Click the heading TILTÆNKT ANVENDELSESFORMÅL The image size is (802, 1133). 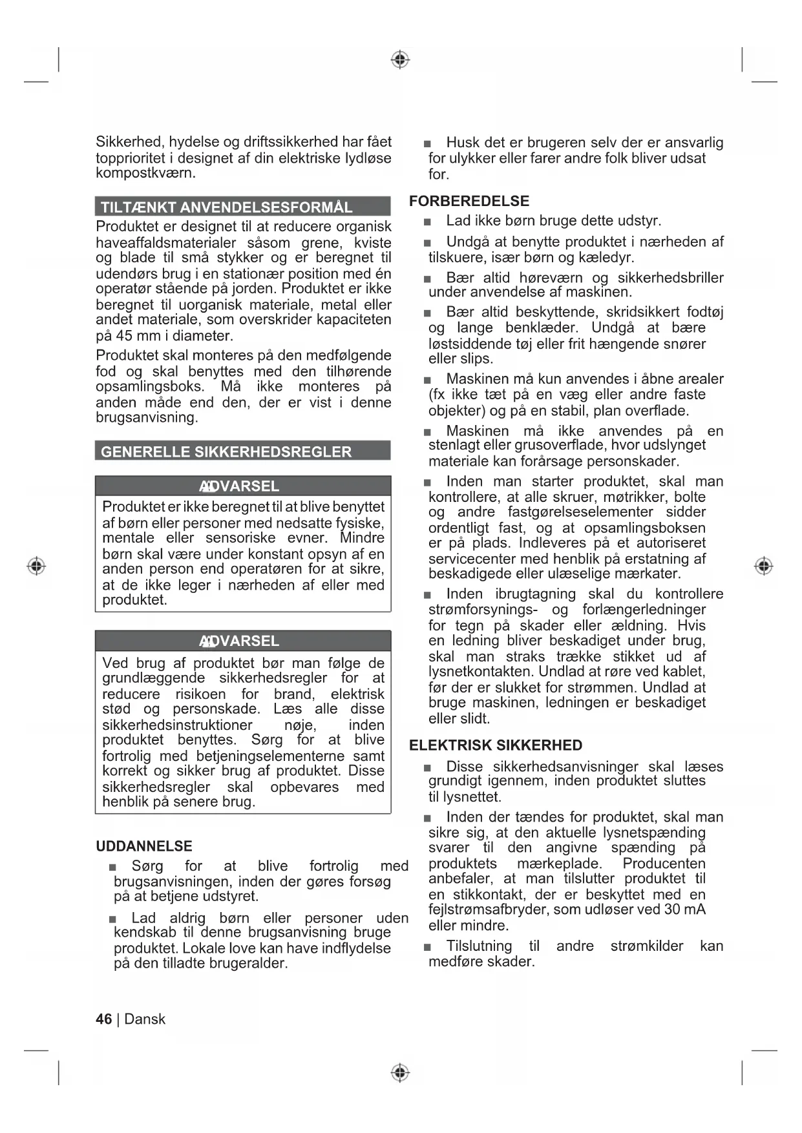(x=226, y=207)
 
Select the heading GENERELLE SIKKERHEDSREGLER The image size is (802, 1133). (x=226, y=452)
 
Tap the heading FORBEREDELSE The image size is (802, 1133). (x=469, y=201)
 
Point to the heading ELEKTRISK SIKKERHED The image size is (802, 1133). (x=496, y=745)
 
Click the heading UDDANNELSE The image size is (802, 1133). (x=144, y=846)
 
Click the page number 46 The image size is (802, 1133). (x=103, y=1019)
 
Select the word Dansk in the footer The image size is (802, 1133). (x=145, y=1019)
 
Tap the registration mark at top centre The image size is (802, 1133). (x=401, y=60)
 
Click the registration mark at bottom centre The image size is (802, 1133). (x=401, y=1073)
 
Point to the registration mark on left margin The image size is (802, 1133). (x=36, y=566)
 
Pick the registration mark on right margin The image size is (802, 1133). (x=764, y=566)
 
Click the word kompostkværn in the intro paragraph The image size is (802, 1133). (x=145, y=173)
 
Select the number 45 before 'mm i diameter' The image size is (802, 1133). (x=124, y=336)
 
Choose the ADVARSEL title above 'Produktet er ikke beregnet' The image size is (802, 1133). (x=239, y=486)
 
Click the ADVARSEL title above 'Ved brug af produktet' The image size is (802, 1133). (x=239, y=641)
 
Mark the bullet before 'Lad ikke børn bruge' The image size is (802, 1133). (x=427, y=222)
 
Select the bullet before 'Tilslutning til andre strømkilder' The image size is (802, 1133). (x=427, y=948)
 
